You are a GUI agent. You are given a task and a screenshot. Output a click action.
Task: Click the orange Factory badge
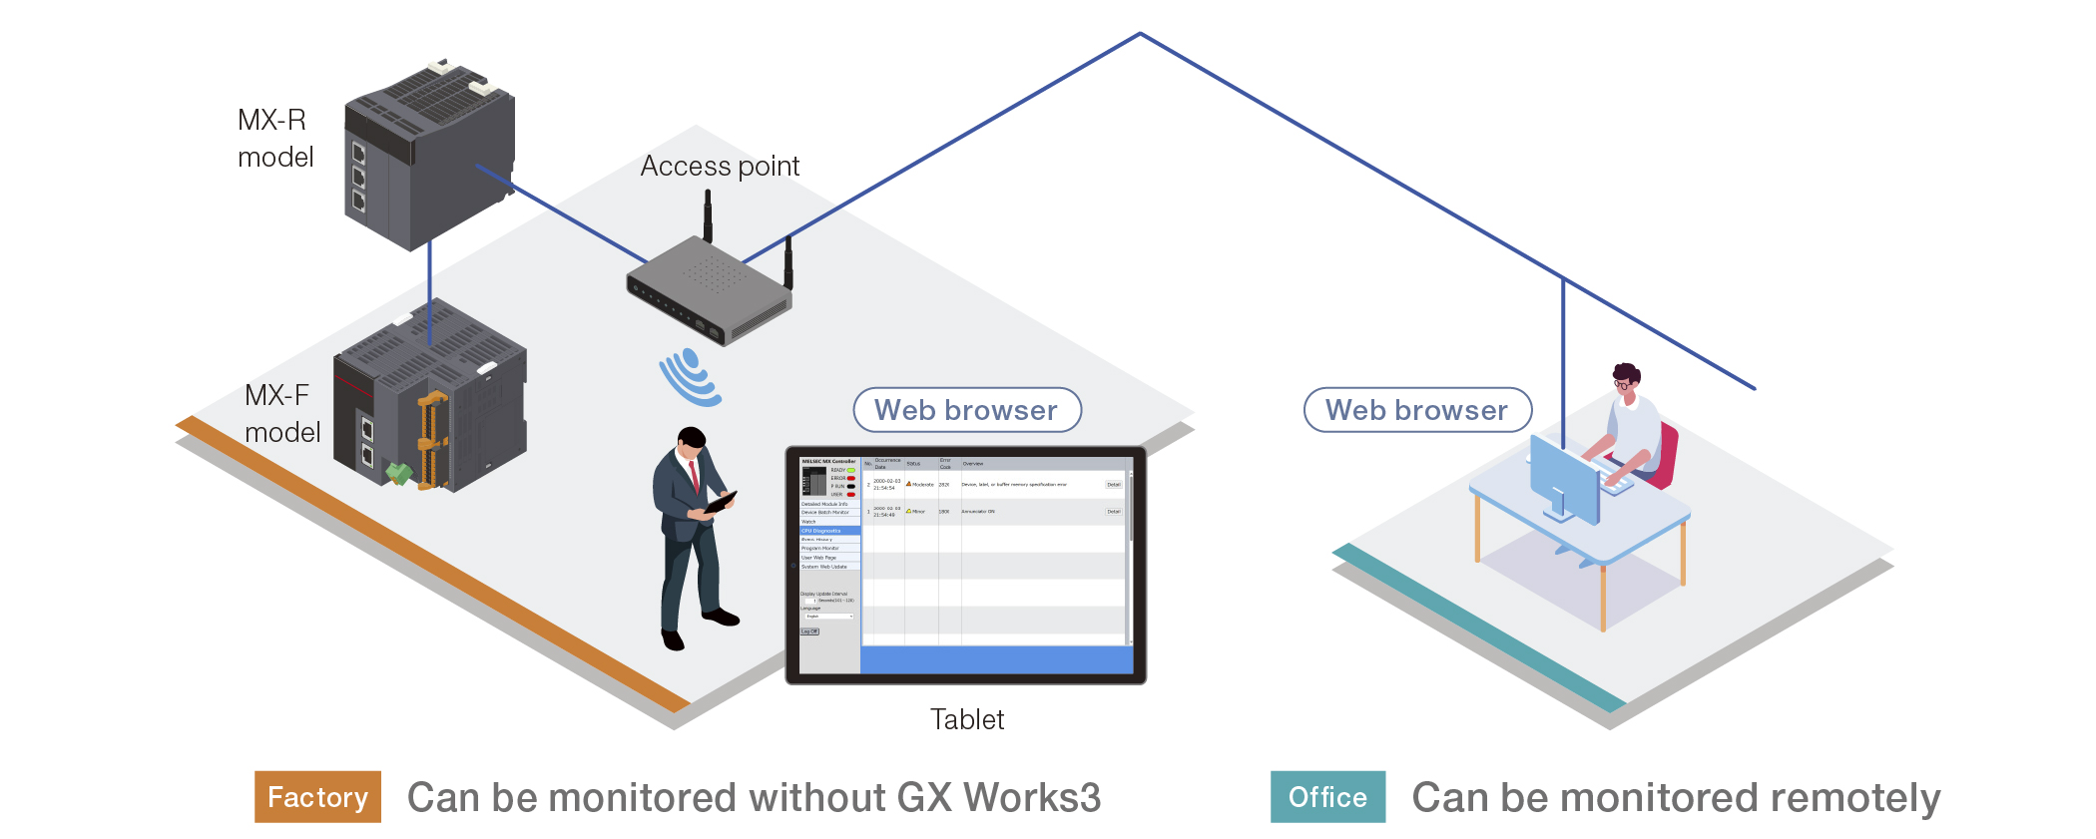[317, 797]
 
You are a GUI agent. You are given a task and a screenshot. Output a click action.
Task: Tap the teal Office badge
[1327, 797]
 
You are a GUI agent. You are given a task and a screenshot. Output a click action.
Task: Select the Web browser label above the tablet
[966, 410]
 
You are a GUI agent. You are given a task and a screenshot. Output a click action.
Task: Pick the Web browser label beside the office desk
[1416, 410]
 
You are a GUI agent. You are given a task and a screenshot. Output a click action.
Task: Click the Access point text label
[720, 166]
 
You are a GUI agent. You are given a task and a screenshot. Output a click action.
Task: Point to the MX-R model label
[274, 138]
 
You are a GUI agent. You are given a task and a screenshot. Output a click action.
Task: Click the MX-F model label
[281, 413]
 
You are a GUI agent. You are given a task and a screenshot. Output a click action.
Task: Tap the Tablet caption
[966, 719]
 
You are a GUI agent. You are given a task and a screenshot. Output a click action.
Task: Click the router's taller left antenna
[708, 214]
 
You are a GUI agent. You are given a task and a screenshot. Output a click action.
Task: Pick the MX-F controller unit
[429, 404]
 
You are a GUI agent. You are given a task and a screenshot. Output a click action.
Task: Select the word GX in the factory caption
[924, 798]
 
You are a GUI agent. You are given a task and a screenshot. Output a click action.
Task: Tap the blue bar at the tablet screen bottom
[996, 659]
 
